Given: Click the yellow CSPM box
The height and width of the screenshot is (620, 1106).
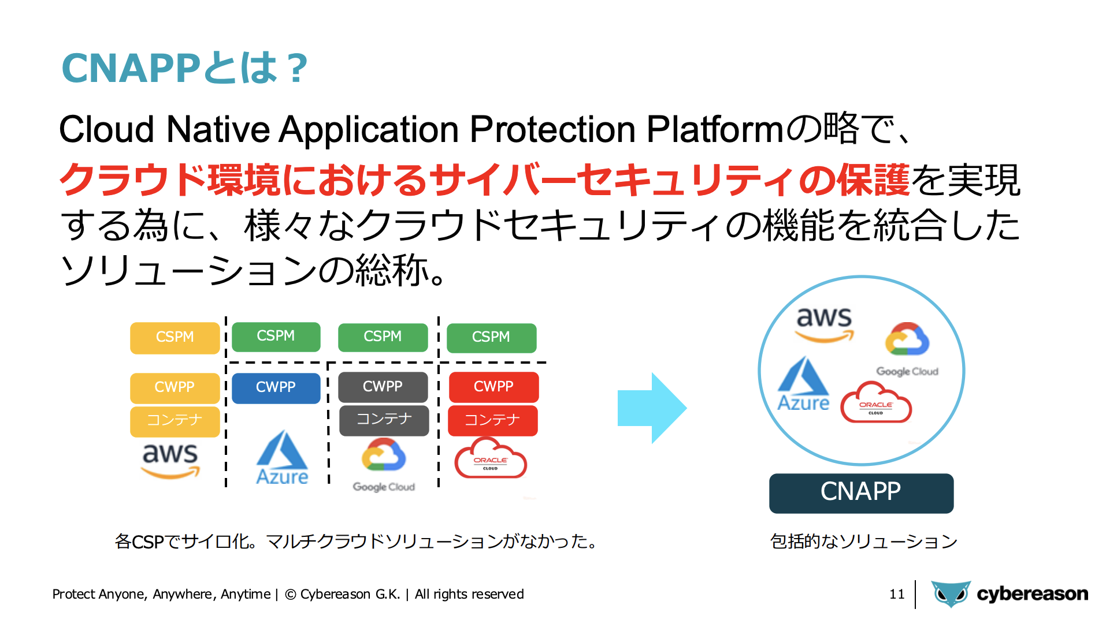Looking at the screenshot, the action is click(x=175, y=338).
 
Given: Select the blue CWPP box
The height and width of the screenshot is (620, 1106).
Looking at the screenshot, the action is click(x=276, y=388).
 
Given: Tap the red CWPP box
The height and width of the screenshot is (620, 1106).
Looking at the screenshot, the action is click(x=493, y=387).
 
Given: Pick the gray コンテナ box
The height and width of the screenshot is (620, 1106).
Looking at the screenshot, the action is click(x=384, y=420).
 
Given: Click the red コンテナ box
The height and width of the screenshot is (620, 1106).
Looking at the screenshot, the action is click(x=493, y=421).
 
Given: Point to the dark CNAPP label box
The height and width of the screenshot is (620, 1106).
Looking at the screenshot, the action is click(x=861, y=493).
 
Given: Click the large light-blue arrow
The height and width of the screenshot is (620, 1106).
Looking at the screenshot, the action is click(x=652, y=408).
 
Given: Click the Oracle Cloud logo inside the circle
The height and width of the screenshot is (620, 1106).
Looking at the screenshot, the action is click(x=875, y=402).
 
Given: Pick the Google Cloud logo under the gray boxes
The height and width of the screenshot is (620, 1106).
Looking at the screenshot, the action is click(x=384, y=465).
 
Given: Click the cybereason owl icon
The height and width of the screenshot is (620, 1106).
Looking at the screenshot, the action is click(x=951, y=593).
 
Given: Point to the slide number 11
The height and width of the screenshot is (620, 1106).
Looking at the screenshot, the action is click(x=897, y=594).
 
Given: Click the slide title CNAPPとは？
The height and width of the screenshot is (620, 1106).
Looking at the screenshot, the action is click(x=185, y=68).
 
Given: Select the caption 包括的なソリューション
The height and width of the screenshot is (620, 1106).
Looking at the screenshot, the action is click(x=863, y=541).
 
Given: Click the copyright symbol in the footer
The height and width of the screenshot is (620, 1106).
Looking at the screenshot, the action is click(x=291, y=594).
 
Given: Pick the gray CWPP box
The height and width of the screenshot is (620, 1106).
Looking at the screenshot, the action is click(x=383, y=387).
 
